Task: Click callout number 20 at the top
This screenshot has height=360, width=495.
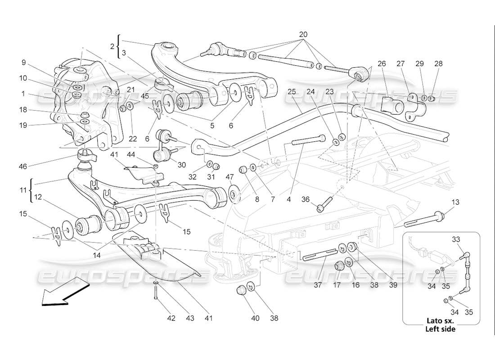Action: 303,35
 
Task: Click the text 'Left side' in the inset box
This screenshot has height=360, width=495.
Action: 440,329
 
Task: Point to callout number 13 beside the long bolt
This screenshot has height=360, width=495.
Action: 456,202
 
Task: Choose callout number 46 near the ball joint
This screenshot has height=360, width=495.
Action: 23,166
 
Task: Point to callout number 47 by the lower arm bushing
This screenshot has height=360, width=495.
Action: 230,176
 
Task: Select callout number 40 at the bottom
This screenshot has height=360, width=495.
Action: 255,318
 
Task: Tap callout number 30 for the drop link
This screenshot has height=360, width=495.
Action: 181,165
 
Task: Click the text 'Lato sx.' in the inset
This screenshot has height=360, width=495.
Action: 440,321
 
